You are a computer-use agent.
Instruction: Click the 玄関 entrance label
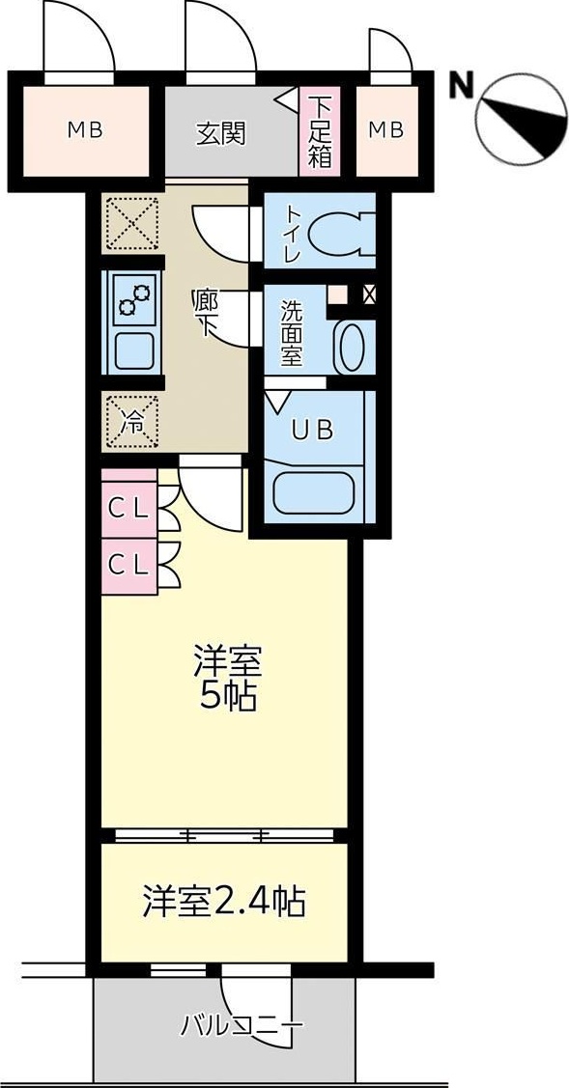tap(221, 132)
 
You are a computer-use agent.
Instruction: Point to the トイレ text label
tap(292, 233)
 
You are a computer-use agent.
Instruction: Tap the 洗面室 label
tap(292, 334)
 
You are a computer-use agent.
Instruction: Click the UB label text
tap(312, 431)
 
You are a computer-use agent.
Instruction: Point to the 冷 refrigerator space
tap(130, 422)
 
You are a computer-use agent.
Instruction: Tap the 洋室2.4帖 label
tap(224, 903)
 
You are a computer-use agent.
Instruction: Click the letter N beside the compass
tap(460, 87)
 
